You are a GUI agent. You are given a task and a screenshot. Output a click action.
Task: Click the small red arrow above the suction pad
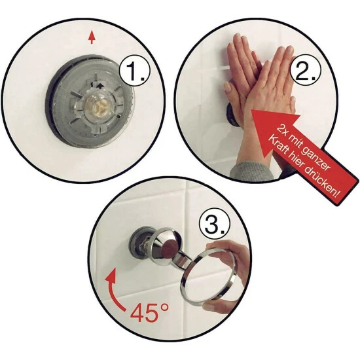(x=92, y=37)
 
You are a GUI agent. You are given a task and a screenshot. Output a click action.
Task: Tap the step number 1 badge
(x=135, y=71)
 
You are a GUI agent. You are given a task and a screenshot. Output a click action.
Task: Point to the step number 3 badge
(x=214, y=224)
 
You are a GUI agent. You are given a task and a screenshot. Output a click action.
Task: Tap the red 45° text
(x=149, y=312)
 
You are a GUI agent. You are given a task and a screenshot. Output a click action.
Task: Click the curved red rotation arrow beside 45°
(x=115, y=290)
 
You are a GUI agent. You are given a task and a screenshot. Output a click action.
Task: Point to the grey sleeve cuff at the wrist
(x=251, y=171)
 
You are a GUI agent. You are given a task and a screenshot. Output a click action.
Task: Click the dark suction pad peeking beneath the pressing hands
(x=232, y=115)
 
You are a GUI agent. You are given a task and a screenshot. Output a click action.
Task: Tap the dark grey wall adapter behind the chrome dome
(x=137, y=243)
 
